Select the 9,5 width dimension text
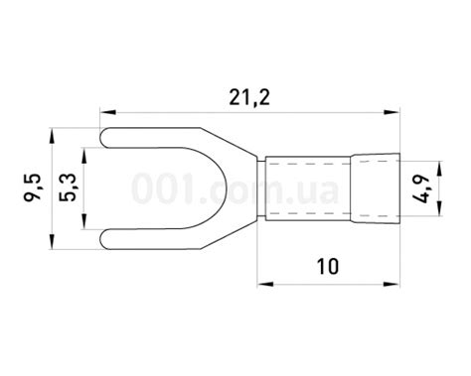(x=33, y=187)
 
